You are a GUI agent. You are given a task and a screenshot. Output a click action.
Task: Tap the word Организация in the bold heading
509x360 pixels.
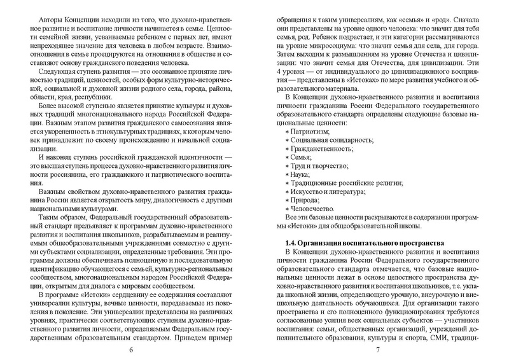[x=321, y=244]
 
